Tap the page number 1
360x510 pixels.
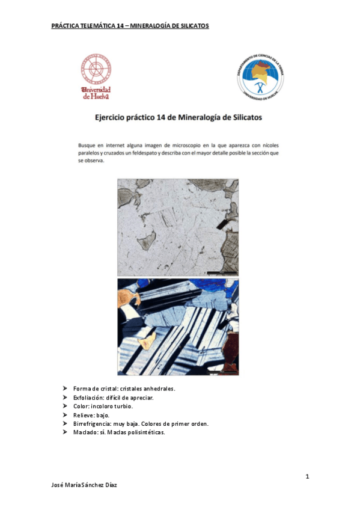(307, 477)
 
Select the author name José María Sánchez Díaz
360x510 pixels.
(84, 485)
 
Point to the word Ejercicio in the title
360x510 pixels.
(114, 118)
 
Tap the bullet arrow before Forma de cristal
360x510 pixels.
(66, 389)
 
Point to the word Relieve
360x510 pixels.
(84, 415)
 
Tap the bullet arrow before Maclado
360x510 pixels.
(66, 432)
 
